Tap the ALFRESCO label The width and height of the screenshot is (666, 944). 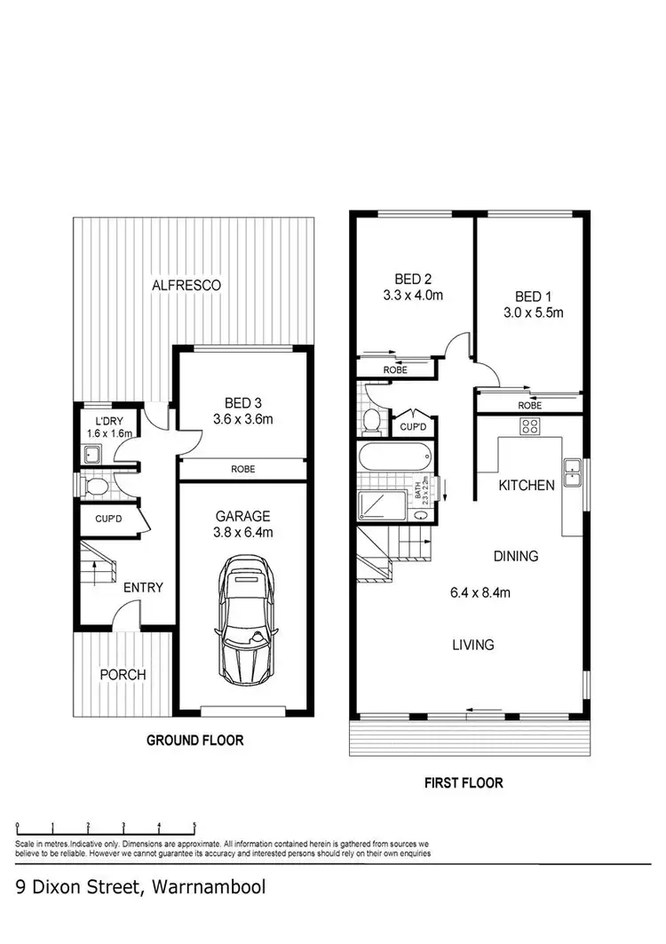pyautogui.click(x=186, y=285)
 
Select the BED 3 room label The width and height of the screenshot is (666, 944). pyautogui.click(x=242, y=401)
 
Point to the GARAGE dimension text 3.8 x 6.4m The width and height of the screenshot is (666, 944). pyautogui.click(x=243, y=533)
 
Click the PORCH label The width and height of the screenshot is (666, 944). pyautogui.click(x=123, y=674)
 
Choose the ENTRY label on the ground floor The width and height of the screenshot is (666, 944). pyautogui.click(x=143, y=587)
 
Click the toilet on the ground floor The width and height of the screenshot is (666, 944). pyautogui.click(x=95, y=486)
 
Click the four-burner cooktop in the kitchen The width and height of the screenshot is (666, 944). pyautogui.click(x=529, y=426)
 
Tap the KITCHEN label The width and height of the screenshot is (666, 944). pyautogui.click(x=527, y=485)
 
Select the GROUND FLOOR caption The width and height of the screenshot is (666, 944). pyautogui.click(x=194, y=740)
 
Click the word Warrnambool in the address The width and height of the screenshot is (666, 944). pyautogui.click(x=209, y=886)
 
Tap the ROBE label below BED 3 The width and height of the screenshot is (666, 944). pyautogui.click(x=243, y=467)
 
